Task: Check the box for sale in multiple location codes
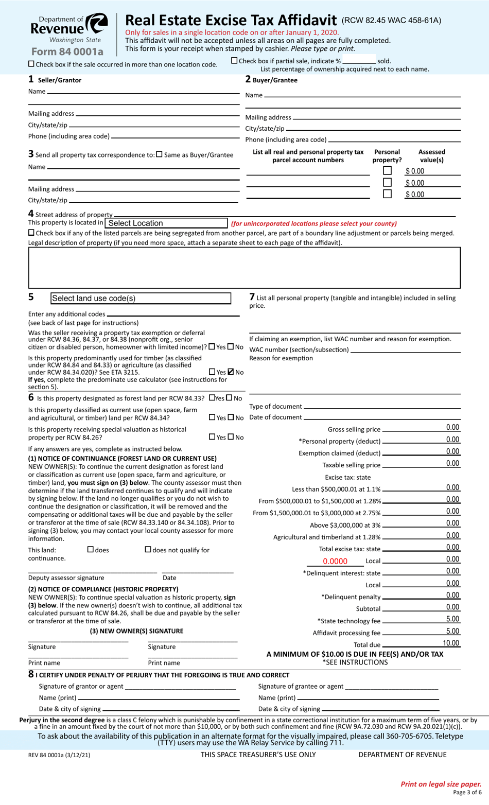point(31,64)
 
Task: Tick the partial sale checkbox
point(235,61)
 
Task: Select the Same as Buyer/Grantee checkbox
point(159,154)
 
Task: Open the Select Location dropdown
point(166,223)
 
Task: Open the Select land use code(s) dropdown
point(141,299)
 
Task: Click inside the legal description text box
point(244,267)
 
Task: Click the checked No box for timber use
point(231,372)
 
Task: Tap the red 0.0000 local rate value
point(335,562)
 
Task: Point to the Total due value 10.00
point(451,643)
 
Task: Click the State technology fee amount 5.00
point(452,619)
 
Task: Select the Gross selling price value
point(452,427)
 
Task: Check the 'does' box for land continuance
point(91,550)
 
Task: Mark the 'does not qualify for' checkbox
point(148,550)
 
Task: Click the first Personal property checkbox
point(387,170)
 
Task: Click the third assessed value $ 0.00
point(415,195)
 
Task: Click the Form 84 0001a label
point(67,51)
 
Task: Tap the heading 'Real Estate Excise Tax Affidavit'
point(231,20)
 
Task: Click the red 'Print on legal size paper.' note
point(441,784)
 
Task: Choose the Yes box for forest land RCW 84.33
point(212,398)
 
